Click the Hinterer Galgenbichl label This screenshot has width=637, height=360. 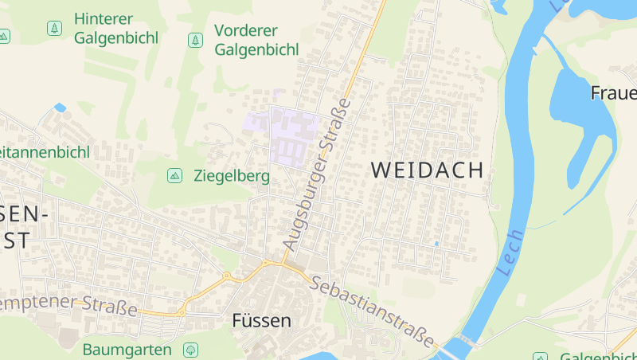115,28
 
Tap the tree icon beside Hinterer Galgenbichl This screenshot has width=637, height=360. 54,29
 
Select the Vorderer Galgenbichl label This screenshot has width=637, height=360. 256,40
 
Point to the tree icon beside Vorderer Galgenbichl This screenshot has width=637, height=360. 194,39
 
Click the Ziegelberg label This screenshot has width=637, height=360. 232,176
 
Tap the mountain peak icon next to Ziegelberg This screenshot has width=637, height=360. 174,175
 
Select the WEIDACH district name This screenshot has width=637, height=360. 428,170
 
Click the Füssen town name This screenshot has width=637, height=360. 261,321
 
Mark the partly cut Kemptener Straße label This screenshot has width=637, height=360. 68,303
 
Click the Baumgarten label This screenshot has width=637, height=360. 127,350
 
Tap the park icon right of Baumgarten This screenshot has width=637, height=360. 190,350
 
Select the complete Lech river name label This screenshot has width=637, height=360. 510,252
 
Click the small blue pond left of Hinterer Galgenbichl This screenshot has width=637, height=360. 60,108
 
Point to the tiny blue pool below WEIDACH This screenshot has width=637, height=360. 436,243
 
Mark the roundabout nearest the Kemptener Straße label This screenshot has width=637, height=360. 182,312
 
